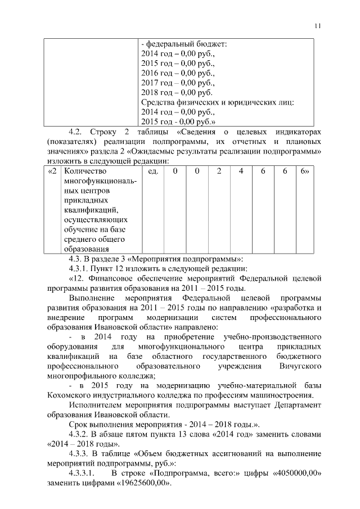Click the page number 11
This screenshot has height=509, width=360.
(318, 26)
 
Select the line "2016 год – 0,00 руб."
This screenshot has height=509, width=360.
(177, 73)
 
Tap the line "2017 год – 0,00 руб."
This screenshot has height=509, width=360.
(177, 83)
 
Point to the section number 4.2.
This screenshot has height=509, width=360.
(76, 131)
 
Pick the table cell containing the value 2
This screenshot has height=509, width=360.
(219, 170)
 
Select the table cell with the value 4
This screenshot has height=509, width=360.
(240, 170)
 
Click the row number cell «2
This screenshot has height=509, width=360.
(52, 170)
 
